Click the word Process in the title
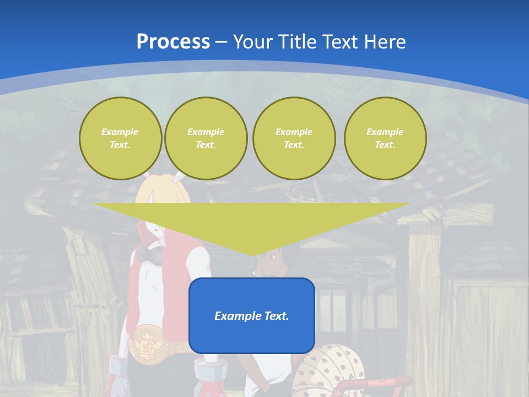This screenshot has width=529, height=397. pyautogui.click(x=173, y=41)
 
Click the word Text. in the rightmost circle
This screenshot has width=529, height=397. pyautogui.click(x=385, y=144)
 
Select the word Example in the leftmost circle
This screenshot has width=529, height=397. pyautogui.click(x=120, y=132)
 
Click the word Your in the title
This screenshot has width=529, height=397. pyautogui.click(x=252, y=41)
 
